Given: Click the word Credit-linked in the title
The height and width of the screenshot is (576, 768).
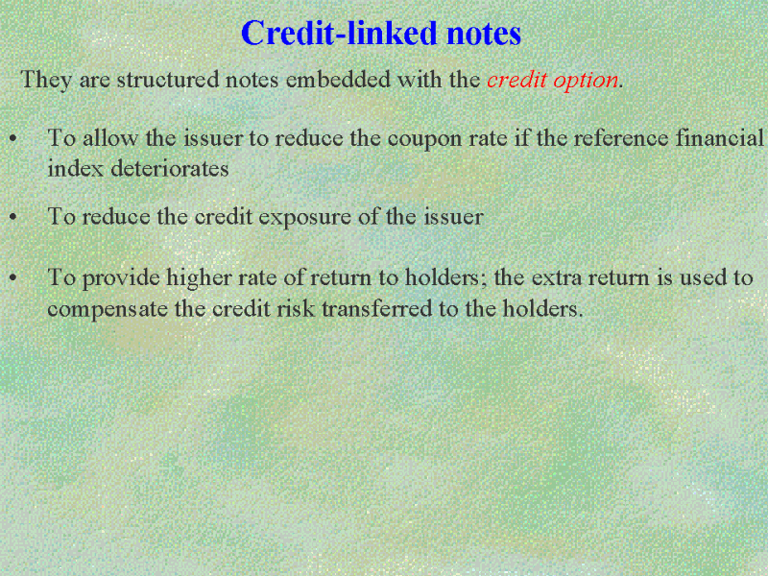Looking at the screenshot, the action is click(x=339, y=34).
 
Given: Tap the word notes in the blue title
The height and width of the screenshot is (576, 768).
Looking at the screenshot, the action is click(x=484, y=34).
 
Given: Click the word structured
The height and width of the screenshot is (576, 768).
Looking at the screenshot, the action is click(x=167, y=80).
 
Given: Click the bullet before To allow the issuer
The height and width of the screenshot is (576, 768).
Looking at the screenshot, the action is click(x=13, y=139).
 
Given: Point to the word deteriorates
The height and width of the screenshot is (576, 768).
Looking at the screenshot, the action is click(x=170, y=169).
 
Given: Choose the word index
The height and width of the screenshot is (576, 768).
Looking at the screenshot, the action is click(x=76, y=169).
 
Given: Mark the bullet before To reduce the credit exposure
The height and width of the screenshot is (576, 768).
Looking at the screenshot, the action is click(x=13, y=218).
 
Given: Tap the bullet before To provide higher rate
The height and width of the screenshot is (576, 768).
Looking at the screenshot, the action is click(x=13, y=278).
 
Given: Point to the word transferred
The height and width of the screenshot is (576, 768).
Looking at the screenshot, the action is click(x=376, y=308).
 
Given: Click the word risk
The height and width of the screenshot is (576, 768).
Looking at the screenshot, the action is click(x=296, y=308).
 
